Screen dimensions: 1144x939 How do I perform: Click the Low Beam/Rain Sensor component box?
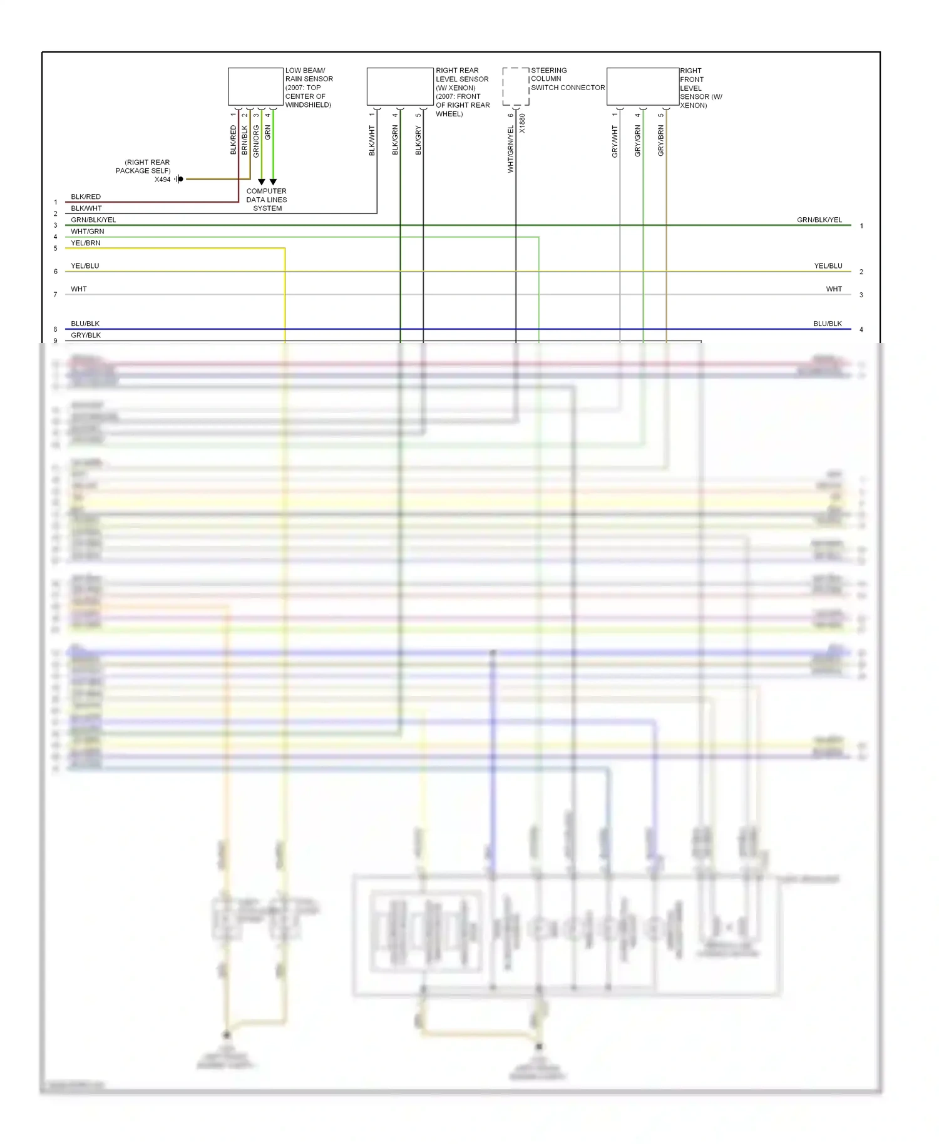pos(255,86)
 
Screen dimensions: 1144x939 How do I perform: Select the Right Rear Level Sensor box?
pos(400,86)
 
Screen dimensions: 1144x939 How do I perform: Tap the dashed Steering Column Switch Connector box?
pos(516,86)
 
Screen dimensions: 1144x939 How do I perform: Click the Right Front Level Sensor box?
pos(643,86)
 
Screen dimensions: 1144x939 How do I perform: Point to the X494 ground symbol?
pos(179,179)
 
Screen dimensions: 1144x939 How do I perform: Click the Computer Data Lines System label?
pos(267,200)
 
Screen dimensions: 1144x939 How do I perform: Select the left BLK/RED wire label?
pos(86,197)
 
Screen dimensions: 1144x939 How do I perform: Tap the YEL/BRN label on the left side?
pos(86,243)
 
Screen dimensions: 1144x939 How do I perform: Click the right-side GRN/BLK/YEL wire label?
pos(819,220)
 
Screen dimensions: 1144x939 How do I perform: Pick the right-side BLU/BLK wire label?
pos(827,324)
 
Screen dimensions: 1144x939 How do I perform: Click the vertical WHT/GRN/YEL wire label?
pos(510,149)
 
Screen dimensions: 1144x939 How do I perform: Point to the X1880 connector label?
pos(522,123)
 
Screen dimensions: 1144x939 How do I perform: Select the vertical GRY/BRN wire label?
pos(660,141)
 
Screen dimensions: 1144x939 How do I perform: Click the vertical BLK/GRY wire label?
pos(418,141)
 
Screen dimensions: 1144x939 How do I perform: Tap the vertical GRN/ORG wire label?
pos(256,141)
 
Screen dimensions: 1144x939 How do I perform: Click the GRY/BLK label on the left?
pos(86,335)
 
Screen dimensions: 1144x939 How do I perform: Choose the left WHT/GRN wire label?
pos(88,232)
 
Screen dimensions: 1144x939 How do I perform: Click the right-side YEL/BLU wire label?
pos(828,266)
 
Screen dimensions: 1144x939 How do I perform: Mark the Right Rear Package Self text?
pos(143,166)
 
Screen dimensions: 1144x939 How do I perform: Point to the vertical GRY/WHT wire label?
pos(615,141)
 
